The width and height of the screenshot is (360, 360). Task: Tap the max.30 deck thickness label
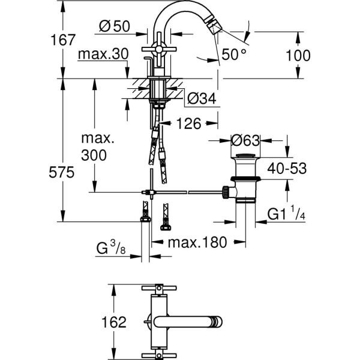[x=104, y=54]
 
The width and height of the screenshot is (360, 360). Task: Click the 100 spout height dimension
[x=299, y=55]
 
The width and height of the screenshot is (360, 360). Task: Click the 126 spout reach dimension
[x=188, y=124]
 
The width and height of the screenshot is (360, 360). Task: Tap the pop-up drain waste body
[x=247, y=180]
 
